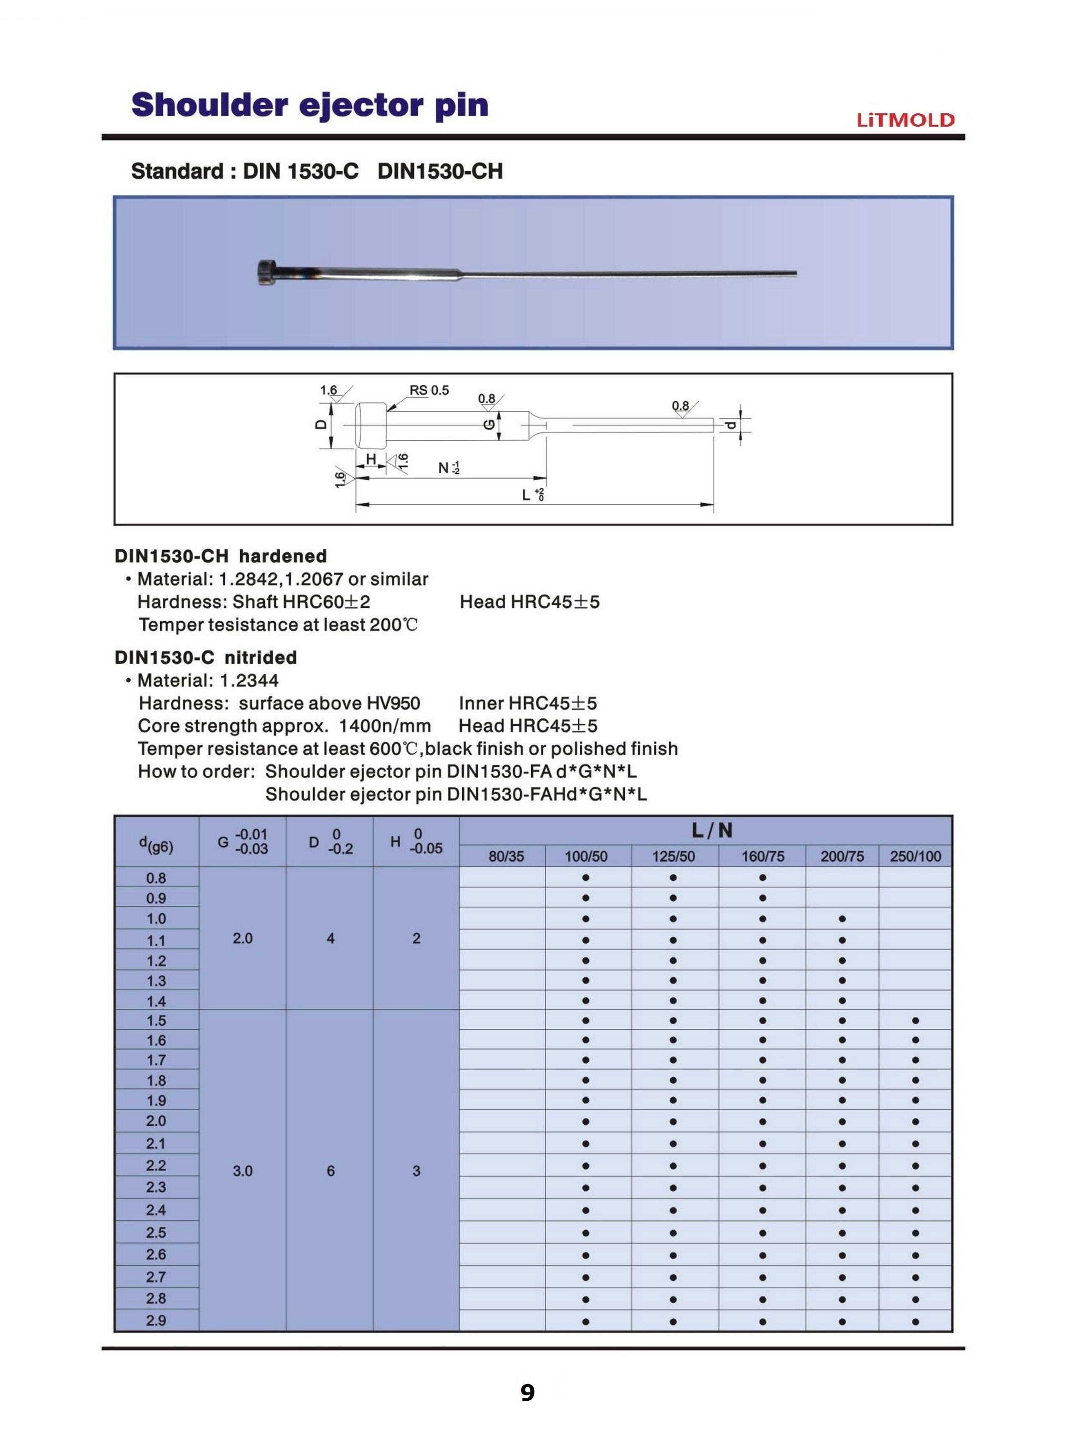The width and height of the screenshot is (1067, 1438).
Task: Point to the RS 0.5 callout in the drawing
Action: click(429, 390)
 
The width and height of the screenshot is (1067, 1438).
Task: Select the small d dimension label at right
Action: click(730, 425)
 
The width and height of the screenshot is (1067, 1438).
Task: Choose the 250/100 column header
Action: click(915, 856)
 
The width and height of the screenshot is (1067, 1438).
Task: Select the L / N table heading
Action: click(712, 830)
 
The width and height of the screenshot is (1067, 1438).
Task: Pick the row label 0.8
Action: click(156, 878)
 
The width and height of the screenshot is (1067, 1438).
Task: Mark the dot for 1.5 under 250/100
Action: click(915, 1021)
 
